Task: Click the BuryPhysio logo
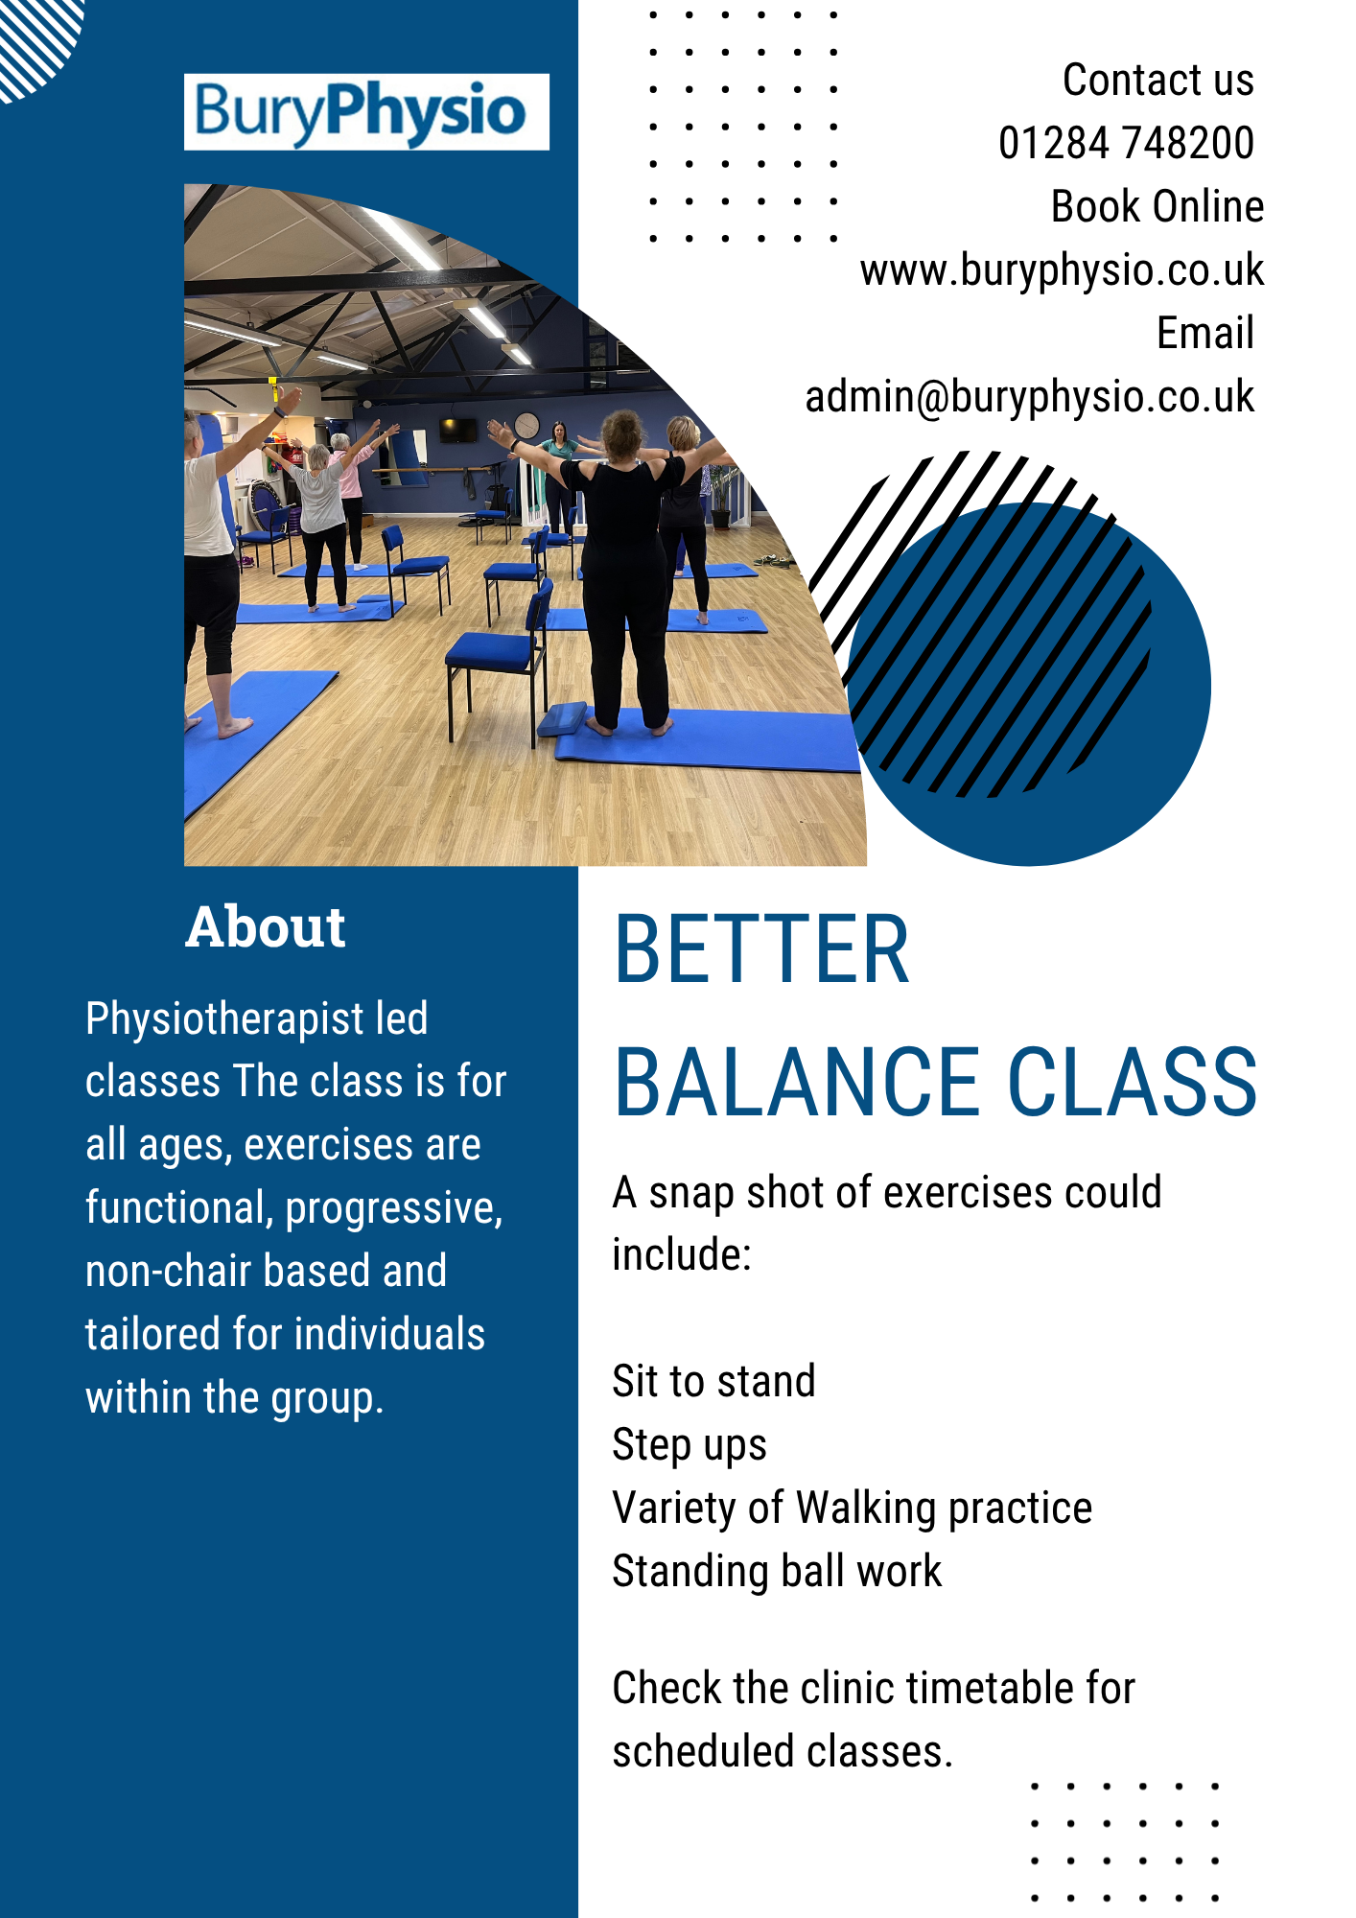(x=366, y=111)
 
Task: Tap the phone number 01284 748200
(x=1126, y=143)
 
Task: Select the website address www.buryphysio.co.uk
(x=1062, y=270)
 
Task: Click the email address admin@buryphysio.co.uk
(x=1029, y=397)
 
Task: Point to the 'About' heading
(x=266, y=926)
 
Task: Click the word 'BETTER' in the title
(x=761, y=949)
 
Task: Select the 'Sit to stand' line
(x=713, y=1381)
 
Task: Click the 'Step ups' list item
(x=690, y=1445)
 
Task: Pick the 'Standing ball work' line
(x=777, y=1572)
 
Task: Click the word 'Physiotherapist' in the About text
(x=224, y=1019)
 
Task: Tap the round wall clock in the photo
(x=526, y=424)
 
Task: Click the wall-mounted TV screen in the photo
(x=458, y=430)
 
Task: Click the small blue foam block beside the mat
(x=563, y=718)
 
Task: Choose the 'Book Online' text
(x=1157, y=206)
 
